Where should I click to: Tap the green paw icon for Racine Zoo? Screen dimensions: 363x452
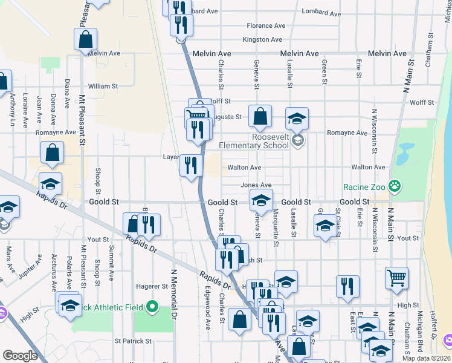pos(395,186)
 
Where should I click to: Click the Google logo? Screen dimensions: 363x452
pos(20,356)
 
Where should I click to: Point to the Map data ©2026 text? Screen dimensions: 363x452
pos(427,358)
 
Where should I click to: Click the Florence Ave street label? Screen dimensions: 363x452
pos(266,26)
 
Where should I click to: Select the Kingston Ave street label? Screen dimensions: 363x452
pos(262,40)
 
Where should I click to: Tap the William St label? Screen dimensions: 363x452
pos(103,87)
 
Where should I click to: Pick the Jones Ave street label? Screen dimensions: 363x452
pos(256,185)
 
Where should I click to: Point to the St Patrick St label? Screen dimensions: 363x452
pos(132,341)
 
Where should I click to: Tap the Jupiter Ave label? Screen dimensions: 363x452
pos(30,267)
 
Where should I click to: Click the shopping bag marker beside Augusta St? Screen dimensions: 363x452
pos(260,116)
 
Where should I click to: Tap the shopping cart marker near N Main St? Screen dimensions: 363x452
pos(396,278)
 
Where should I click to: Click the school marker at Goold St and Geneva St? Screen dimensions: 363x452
pos(261,200)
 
